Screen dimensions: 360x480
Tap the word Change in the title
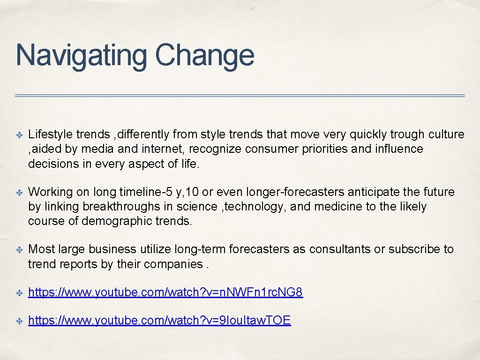click(204, 55)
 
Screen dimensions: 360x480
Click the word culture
click(446, 135)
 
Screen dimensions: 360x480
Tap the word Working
click(49, 192)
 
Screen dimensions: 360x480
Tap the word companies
click(173, 264)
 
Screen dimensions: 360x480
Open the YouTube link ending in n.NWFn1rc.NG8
click(165, 293)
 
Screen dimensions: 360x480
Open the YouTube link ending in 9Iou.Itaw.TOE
click(159, 321)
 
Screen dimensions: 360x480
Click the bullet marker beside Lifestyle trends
click(19, 135)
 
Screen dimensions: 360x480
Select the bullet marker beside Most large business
click(19, 250)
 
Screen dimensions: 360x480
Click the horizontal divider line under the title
click(240, 96)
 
